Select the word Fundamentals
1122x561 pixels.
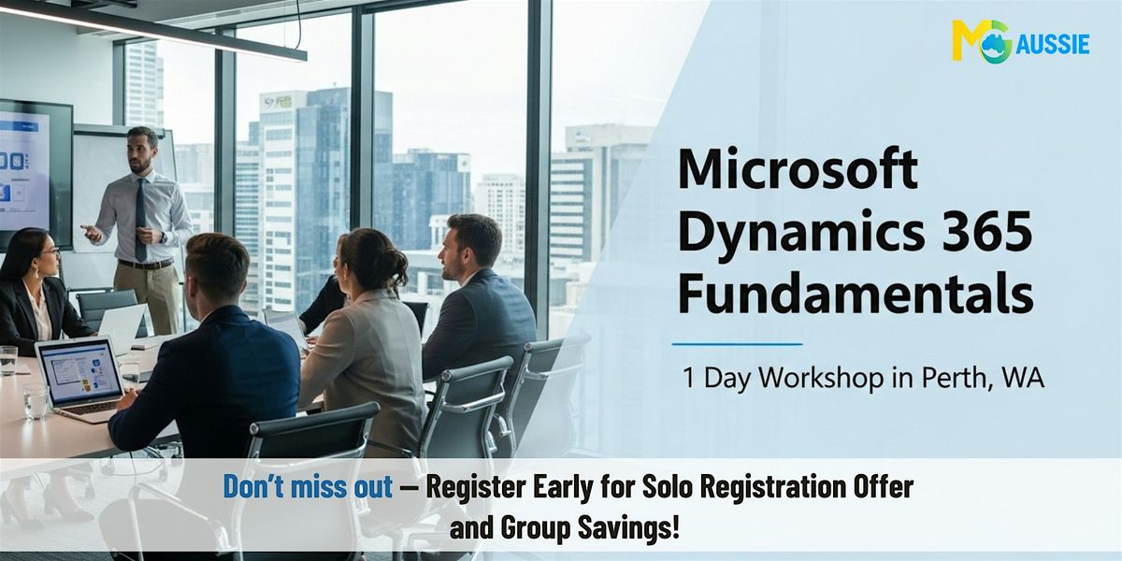pos(856,293)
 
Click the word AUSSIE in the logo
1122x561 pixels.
pos(1053,45)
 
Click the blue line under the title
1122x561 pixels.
pos(738,344)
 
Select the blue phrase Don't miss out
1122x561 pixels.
pos(308,486)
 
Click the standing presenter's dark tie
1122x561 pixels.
pos(141,219)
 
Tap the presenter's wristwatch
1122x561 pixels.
pos(163,237)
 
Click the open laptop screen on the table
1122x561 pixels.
pos(80,371)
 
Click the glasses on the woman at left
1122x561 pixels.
pos(52,251)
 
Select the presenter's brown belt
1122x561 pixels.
pos(145,264)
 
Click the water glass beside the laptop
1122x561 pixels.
pos(36,402)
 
